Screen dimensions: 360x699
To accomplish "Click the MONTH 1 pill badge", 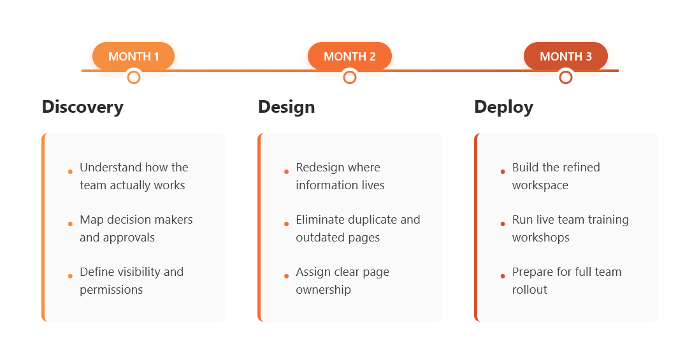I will pyautogui.click(x=133, y=56).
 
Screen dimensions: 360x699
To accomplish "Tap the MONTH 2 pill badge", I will pyautogui.click(x=349, y=56).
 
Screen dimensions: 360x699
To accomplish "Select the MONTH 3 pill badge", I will pyautogui.click(x=565, y=56).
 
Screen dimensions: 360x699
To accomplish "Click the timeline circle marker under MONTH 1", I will pyautogui.click(x=133, y=78).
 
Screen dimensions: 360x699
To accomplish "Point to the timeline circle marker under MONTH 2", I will pyautogui.click(x=349, y=78).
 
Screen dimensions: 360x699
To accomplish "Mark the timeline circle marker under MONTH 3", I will pyautogui.click(x=565, y=78).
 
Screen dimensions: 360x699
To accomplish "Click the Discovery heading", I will pyautogui.click(x=82, y=106).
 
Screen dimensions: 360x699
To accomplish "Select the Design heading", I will pyautogui.click(x=286, y=106).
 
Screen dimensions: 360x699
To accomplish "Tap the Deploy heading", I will pyautogui.click(x=503, y=106).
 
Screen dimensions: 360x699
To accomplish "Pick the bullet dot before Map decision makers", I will pyautogui.click(x=70, y=224).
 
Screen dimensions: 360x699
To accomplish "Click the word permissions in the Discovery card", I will pyautogui.click(x=111, y=290).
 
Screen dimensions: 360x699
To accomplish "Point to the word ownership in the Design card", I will pyautogui.click(x=323, y=290).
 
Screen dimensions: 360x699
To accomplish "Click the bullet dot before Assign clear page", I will pyautogui.click(x=286, y=276).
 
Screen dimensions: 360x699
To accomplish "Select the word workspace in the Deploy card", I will pyautogui.click(x=540, y=185).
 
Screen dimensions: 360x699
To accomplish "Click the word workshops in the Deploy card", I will pyautogui.click(x=540, y=238).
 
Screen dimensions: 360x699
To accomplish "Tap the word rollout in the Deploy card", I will pyautogui.click(x=530, y=290).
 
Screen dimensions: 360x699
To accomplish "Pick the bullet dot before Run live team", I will pyautogui.click(x=503, y=224).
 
